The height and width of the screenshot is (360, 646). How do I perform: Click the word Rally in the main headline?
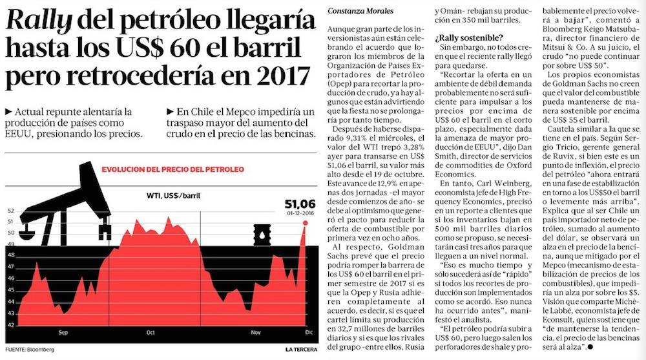click(41, 24)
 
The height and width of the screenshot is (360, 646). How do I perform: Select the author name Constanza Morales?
click(359, 10)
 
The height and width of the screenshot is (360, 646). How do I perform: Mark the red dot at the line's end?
click(304, 223)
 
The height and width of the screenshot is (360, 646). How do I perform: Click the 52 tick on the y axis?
click(11, 211)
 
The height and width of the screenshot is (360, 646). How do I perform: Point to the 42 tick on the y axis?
click(11, 323)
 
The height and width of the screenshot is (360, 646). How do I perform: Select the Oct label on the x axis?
click(151, 334)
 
